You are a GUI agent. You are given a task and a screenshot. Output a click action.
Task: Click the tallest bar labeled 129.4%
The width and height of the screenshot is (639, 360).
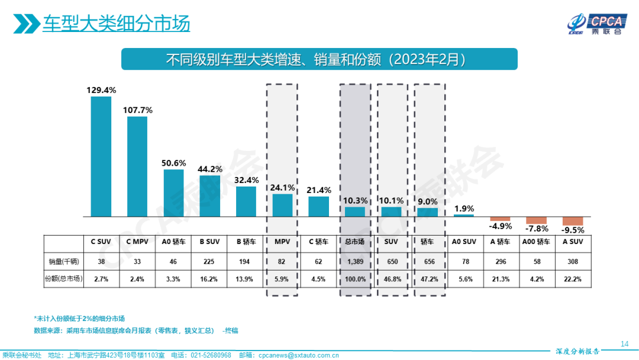pos(101,156)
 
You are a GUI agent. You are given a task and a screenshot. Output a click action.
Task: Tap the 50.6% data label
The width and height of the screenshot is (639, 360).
pos(174,163)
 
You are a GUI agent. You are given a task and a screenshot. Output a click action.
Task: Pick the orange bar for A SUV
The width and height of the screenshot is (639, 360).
pos(573,221)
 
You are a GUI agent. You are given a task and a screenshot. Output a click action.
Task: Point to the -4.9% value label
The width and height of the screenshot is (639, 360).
pos(500,226)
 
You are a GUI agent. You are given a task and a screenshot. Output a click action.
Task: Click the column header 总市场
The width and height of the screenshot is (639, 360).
pos(355,242)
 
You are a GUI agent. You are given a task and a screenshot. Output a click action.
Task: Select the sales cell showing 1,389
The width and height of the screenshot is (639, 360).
pos(355,261)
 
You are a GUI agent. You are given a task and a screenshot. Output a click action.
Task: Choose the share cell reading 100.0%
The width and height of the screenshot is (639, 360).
pos(355,279)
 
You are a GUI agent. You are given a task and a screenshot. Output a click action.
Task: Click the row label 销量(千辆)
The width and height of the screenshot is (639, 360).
pos(63,261)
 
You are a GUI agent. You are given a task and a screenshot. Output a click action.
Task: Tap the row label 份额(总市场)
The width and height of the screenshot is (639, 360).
pos(63,279)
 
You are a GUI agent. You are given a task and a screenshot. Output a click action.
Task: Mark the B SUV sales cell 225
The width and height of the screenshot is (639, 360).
pos(210,261)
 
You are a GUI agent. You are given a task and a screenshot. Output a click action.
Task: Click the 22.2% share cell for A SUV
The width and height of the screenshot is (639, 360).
pos(573,279)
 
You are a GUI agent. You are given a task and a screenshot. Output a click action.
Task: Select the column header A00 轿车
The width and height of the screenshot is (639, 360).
pos(536,242)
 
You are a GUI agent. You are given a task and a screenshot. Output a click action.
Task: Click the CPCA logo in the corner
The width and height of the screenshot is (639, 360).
pos(595,22)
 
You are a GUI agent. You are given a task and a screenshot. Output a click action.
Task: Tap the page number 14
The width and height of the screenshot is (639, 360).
pos(624,343)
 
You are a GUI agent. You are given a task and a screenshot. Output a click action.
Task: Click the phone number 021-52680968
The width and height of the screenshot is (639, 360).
pos(210,355)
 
